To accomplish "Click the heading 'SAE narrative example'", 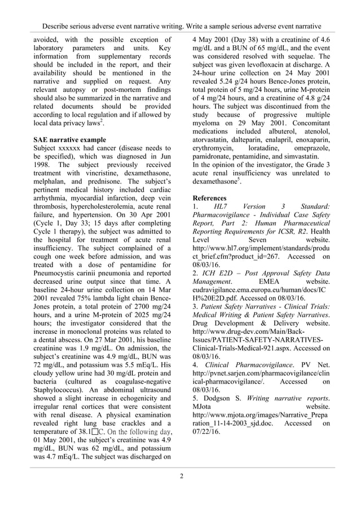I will pyautogui.click(x=69, y=139).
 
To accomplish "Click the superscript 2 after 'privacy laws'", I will pyautogui.click(x=102, y=121).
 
